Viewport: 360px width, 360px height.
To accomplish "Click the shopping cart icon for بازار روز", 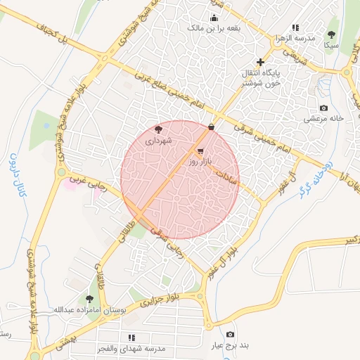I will (200, 151).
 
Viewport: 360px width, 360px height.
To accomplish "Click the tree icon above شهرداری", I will (158, 129).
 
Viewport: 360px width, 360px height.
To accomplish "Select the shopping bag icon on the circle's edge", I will (211, 127).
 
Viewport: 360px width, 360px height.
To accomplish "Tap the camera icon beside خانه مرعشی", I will (323, 108).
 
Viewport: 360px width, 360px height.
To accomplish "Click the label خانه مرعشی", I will (323, 119).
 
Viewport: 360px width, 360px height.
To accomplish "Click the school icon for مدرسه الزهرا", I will (285, 27).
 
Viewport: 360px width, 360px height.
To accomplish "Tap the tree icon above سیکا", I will (331, 34).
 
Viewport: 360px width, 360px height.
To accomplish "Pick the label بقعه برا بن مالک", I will (214, 28).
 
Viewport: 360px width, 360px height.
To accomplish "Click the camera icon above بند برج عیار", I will (230, 335).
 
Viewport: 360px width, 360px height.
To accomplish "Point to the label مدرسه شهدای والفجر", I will (131, 349).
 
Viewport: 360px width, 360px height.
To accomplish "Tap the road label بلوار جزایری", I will (160, 300).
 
